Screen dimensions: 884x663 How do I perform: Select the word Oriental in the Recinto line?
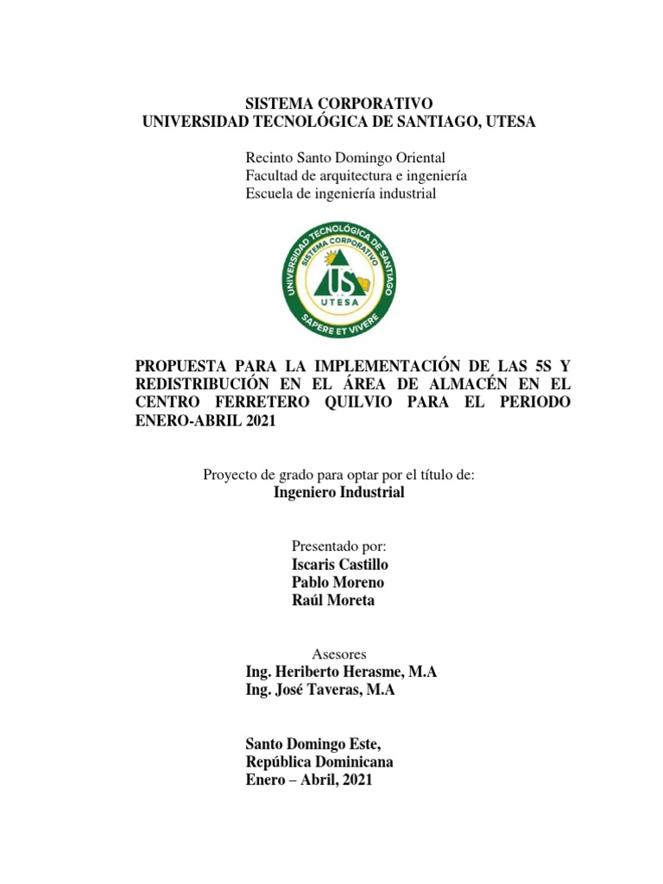point(419,158)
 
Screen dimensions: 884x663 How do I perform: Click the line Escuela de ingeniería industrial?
point(341,193)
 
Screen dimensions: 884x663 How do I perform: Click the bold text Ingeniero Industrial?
point(338,493)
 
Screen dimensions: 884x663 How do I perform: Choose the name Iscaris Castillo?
point(340,565)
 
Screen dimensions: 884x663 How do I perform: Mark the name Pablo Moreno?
point(338,583)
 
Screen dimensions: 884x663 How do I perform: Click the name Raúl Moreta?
point(333,601)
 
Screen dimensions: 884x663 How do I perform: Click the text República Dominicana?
point(319,762)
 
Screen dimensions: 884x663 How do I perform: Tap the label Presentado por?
point(338,546)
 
